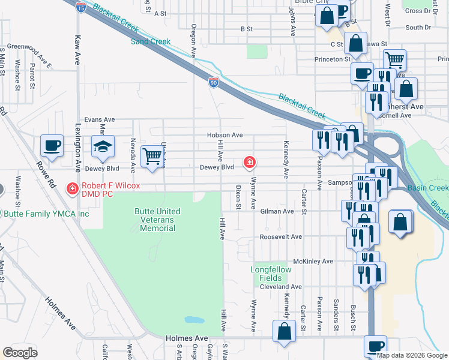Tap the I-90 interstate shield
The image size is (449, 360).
[214, 82]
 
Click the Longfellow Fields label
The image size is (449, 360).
[271, 274]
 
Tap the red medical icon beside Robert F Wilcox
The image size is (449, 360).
[72, 189]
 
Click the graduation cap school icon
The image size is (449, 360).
[103, 146]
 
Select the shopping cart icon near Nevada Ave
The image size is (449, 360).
[152, 157]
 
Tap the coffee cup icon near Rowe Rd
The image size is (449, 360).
[52, 145]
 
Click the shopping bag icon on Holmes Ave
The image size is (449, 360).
[284, 330]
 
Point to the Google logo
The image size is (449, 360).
[20, 352]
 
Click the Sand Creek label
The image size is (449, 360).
[151, 41]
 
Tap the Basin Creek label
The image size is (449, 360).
[428, 188]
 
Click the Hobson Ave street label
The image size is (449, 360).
[224, 136]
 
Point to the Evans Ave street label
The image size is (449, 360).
[99, 119]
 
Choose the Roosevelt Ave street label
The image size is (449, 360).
[280, 237]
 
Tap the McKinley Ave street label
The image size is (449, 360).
[313, 262]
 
